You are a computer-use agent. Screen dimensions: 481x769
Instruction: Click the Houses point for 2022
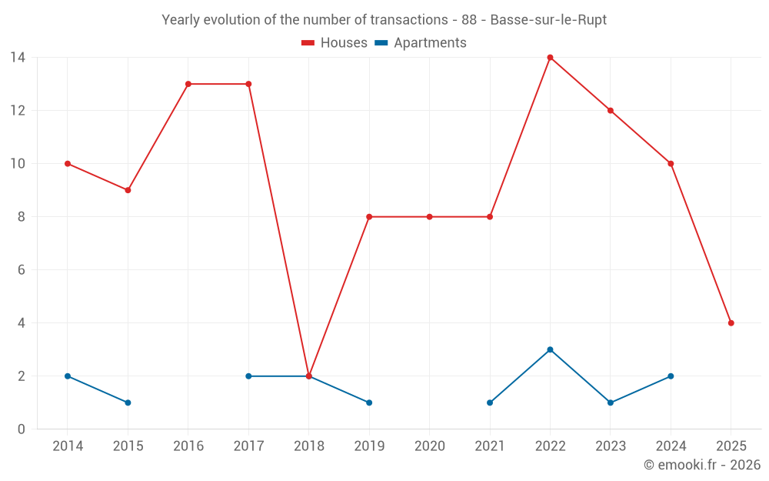550,58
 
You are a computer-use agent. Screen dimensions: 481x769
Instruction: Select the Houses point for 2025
731,323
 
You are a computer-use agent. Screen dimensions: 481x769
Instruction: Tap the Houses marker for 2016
188,84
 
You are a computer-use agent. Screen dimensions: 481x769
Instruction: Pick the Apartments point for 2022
550,349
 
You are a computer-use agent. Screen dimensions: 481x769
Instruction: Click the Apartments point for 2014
68,376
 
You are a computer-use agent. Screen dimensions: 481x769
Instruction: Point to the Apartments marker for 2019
369,403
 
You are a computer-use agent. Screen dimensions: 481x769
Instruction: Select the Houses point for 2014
68,164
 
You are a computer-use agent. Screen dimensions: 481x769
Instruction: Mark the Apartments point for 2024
671,376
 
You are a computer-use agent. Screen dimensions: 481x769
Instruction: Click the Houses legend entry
335,43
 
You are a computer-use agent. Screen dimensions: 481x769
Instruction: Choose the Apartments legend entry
421,43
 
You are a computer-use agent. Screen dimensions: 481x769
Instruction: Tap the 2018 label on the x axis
308,446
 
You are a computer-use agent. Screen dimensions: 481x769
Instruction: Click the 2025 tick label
731,446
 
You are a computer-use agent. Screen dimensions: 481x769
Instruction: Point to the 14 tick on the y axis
18,58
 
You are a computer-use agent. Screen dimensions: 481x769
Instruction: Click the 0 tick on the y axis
22,429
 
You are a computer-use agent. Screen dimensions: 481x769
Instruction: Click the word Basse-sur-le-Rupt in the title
548,20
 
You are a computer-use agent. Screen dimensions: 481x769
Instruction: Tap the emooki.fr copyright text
702,465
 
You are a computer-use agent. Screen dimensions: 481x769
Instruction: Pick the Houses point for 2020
429,217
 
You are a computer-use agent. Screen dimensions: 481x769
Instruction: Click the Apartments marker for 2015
128,403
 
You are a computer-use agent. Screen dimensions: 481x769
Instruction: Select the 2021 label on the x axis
490,446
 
